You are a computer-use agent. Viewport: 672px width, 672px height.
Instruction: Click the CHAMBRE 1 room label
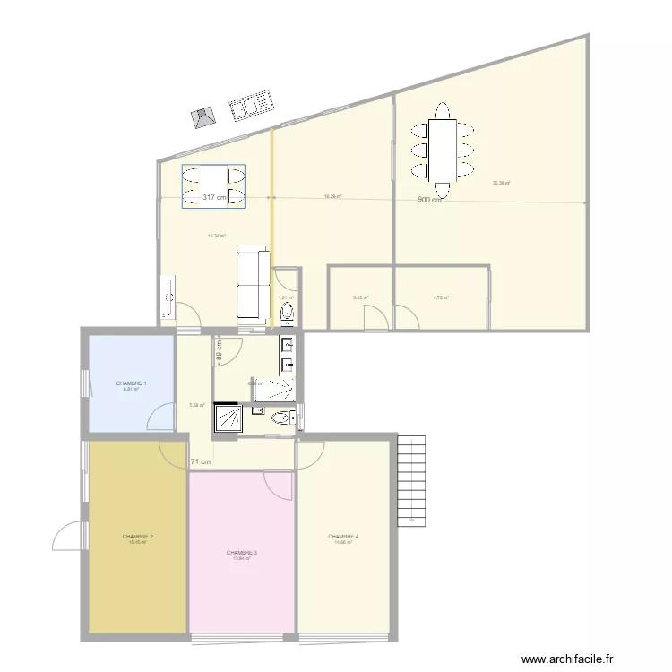pyautogui.click(x=131, y=383)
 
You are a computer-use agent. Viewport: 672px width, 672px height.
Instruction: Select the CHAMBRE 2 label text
pyautogui.click(x=138, y=537)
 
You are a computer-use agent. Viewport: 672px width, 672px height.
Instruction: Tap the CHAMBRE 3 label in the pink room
pyautogui.click(x=242, y=553)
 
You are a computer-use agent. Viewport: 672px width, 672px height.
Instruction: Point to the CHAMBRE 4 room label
pyautogui.click(x=343, y=537)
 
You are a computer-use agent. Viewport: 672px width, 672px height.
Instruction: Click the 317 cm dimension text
pyautogui.click(x=214, y=198)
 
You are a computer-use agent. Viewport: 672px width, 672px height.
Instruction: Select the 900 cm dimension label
pyautogui.click(x=430, y=200)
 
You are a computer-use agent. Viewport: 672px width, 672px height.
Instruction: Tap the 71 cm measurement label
pyautogui.click(x=201, y=462)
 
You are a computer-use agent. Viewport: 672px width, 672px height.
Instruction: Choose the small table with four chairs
pyautogui.click(x=214, y=186)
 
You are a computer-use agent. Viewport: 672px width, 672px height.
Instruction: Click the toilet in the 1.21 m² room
pyautogui.click(x=287, y=313)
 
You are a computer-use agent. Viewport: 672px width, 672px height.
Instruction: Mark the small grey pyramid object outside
pyautogui.click(x=205, y=117)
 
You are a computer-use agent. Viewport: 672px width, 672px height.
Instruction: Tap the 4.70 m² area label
pyautogui.click(x=441, y=298)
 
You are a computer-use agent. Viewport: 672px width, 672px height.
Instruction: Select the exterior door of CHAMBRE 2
pyautogui.click(x=68, y=536)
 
